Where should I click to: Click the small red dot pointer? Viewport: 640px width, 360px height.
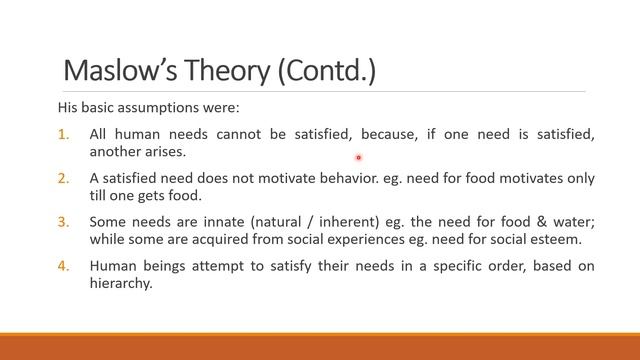[x=358, y=157]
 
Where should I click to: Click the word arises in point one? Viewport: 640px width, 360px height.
[x=166, y=152]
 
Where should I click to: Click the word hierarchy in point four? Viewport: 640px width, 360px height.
[x=120, y=284]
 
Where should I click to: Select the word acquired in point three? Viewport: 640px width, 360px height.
[x=217, y=240]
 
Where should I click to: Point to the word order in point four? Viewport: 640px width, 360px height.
[x=510, y=266]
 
